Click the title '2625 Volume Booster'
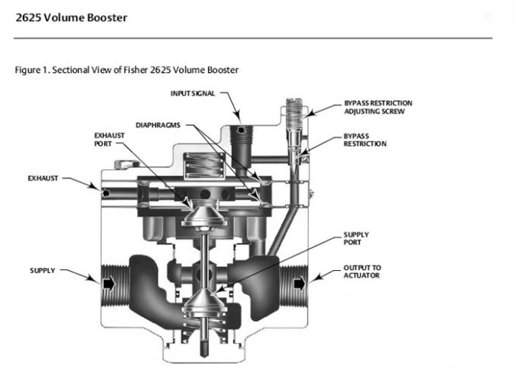coord(72,17)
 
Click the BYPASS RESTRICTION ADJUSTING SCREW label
coord(378,106)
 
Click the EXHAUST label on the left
coord(42,178)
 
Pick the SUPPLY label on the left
coord(41,269)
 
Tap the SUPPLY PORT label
coord(357,238)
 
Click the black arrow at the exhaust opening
coord(106,194)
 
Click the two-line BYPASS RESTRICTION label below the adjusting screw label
coord(364,140)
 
